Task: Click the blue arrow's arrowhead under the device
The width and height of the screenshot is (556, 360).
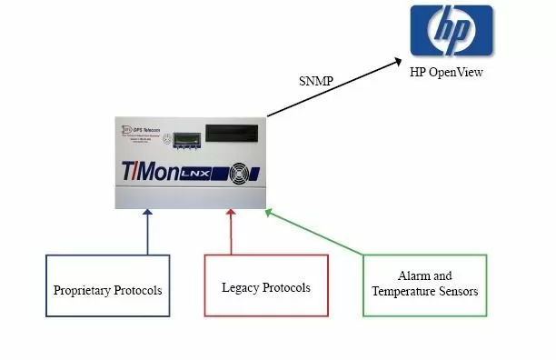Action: [x=147, y=214]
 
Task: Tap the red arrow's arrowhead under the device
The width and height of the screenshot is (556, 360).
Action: [x=231, y=214]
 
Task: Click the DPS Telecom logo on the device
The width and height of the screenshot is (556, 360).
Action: [x=138, y=129]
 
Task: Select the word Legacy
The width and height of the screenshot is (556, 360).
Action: [x=240, y=287]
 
